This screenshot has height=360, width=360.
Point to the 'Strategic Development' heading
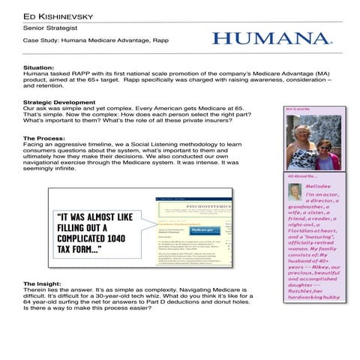59,102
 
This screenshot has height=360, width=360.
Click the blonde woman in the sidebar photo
302,145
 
